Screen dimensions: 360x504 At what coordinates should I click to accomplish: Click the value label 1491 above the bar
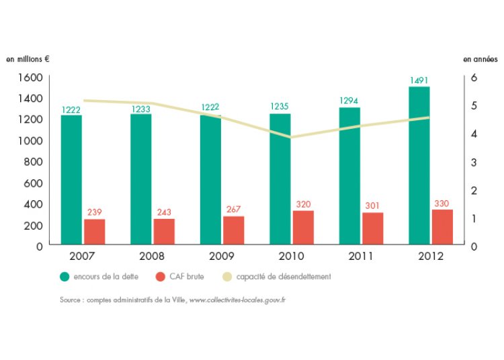[419, 81]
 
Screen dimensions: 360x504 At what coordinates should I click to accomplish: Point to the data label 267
[234, 210]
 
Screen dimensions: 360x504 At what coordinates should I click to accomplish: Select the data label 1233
[141, 109]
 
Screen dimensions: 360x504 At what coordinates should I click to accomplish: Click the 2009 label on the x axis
[222, 256]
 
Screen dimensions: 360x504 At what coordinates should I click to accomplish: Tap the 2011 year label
[361, 256]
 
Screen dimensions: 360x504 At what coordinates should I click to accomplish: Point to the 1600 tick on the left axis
[30, 77]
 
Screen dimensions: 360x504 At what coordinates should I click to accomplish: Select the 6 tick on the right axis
[474, 77]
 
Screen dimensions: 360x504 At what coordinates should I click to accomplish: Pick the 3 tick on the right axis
[474, 162]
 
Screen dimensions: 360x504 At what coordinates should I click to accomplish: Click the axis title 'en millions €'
[28, 59]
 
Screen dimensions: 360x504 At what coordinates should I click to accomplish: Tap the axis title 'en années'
[477, 59]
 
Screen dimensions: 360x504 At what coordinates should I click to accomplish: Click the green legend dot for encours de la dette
[65, 276]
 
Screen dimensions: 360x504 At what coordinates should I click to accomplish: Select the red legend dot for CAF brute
[160, 276]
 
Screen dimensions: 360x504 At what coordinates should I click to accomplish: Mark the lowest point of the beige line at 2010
[291, 137]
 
